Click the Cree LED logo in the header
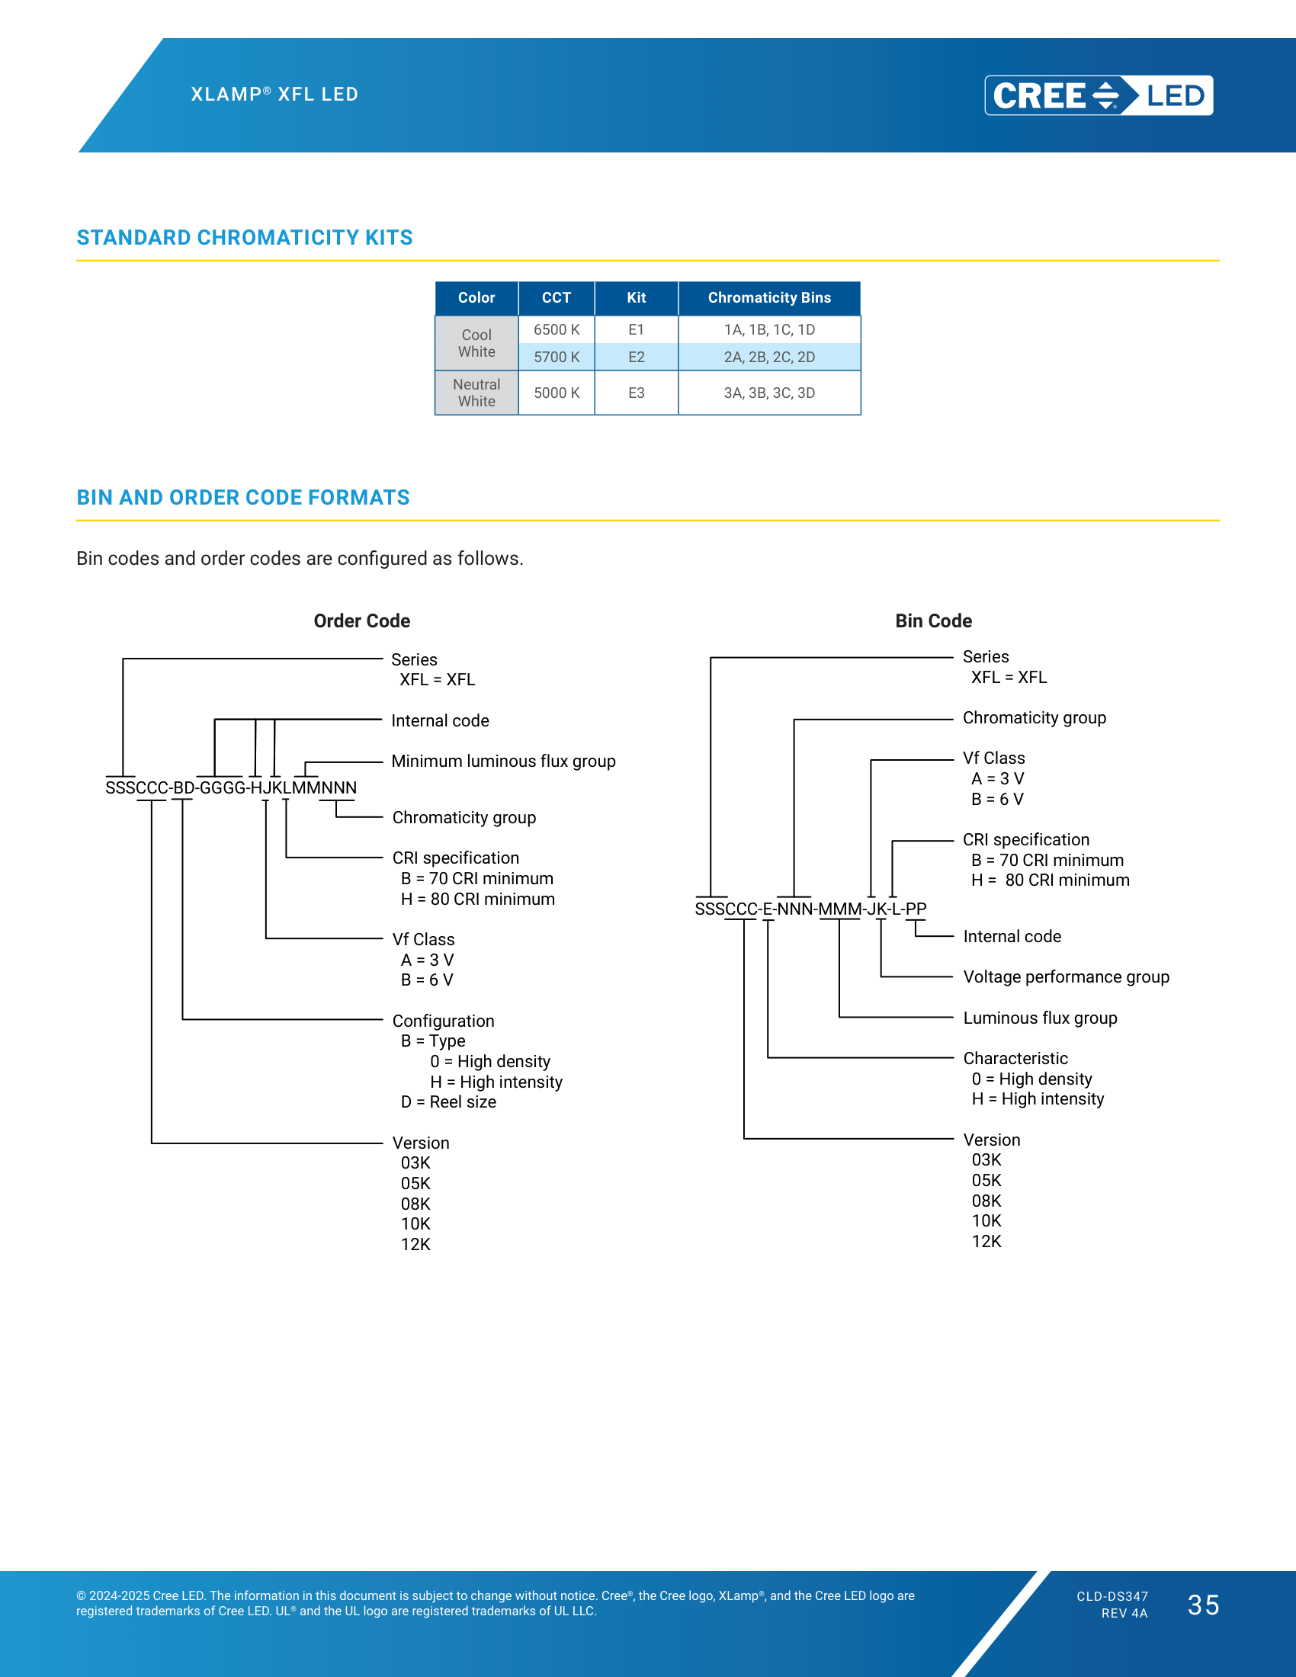(x=1099, y=95)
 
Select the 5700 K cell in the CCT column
(x=557, y=357)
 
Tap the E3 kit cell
(x=637, y=393)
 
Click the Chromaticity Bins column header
(x=769, y=298)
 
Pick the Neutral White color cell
(x=476, y=393)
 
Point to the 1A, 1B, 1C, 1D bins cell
(x=769, y=329)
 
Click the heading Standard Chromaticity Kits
(x=245, y=238)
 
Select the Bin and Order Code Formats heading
(x=243, y=498)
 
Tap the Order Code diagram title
(x=361, y=620)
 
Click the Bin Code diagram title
(x=934, y=620)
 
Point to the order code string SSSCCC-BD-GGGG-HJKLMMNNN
(x=231, y=788)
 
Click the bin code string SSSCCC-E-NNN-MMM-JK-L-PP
(x=811, y=909)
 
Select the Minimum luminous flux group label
(x=504, y=761)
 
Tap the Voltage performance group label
(x=1067, y=976)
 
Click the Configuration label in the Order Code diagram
(x=443, y=1021)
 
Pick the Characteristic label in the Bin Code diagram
(x=1015, y=1058)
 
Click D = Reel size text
(x=448, y=1102)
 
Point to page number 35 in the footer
(x=1203, y=1605)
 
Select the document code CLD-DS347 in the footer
(x=1112, y=1596)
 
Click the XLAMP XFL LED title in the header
(x=275, y=95)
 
